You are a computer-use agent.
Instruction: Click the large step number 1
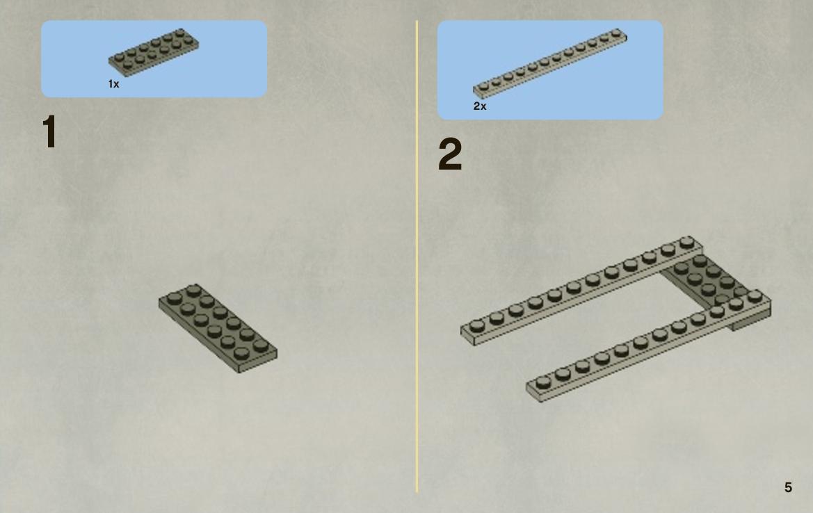point(49,131)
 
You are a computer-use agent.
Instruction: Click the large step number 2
point(450,154)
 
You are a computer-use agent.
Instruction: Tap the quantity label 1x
point(113,84)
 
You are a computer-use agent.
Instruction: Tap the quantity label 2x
point(480,106)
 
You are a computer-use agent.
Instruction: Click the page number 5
point(788,487)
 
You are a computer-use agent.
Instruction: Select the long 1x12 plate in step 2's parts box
point(549,63)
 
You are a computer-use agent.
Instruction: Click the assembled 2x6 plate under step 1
point(218,328)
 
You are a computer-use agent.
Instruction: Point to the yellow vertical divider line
point(417,256)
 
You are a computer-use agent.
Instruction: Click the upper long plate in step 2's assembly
point(581,291)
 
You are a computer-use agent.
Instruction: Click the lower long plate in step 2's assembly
point(648,346)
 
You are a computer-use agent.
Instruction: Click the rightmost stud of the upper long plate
point(687,242)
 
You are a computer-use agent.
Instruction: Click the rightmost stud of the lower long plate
point(755,296)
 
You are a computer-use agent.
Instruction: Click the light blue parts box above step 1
point(154,59)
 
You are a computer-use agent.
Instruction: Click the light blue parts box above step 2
point(550,70)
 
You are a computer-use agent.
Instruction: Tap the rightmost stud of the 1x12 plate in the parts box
point(616,33)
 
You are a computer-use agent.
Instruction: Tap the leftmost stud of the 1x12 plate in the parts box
point(484,86)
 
